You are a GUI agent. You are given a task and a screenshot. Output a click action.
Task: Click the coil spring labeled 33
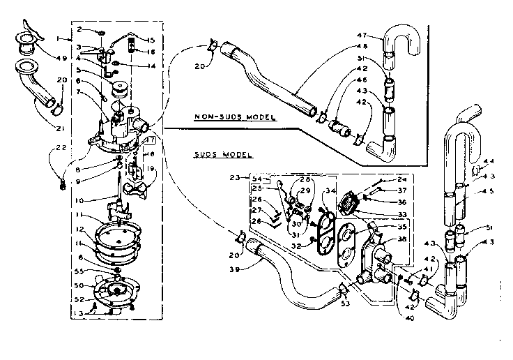click(349, 204)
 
